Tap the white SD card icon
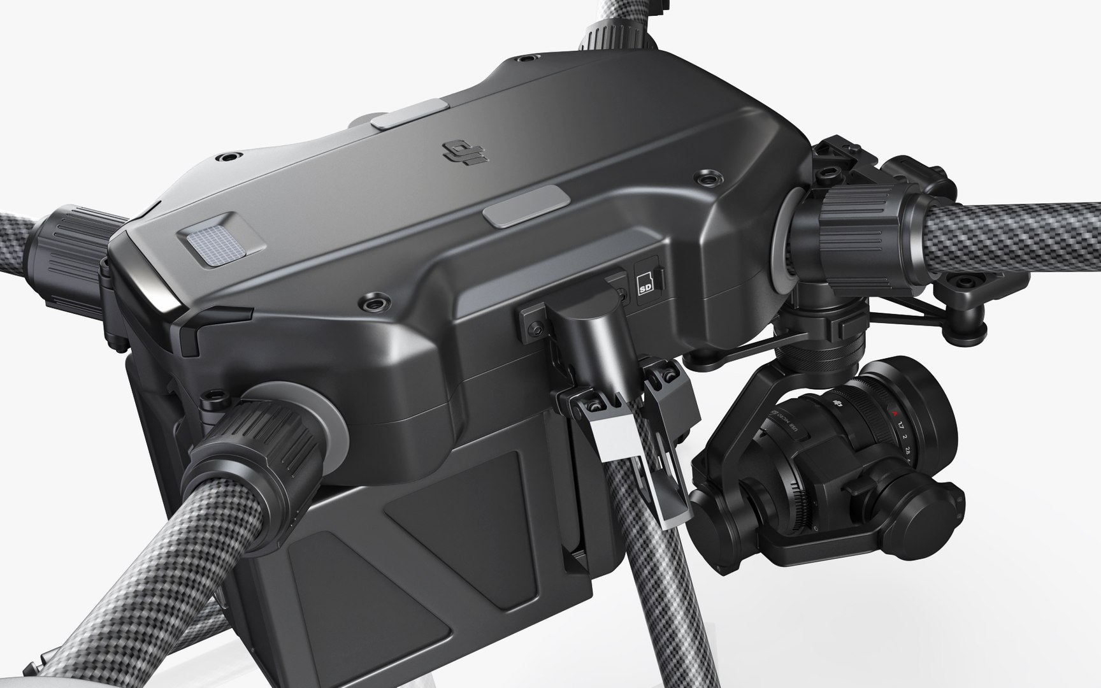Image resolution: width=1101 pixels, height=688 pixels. (x=645, y=283)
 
